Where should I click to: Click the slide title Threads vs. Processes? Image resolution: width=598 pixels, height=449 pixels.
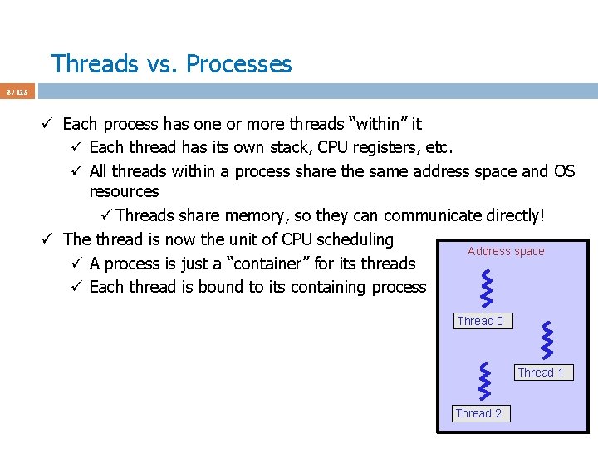point(171,64)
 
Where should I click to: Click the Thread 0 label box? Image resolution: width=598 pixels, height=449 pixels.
point(480,321)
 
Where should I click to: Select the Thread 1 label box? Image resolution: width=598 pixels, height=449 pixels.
point(541,373)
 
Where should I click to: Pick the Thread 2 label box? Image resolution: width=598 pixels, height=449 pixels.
point(478,413)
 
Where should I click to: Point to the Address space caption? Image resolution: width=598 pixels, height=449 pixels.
point(506,251)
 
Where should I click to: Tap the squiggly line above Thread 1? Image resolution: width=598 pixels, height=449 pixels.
point(547,340)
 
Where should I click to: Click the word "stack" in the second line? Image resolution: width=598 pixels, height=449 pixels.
point(279,147)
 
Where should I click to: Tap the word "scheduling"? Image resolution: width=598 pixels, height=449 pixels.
point(355,239)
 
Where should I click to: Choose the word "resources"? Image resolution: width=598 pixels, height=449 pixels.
point(124,191)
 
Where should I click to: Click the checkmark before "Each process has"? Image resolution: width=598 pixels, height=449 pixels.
point(49,125)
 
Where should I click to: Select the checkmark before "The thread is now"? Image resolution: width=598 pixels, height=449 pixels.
point(49,239)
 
